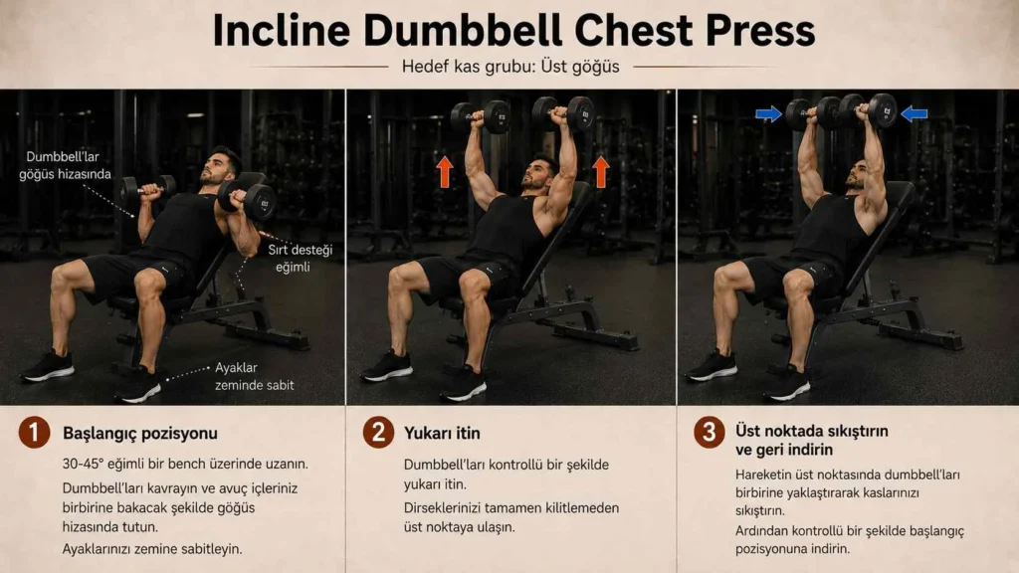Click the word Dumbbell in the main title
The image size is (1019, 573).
(463, 31)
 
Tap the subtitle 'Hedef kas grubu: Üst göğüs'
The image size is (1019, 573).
(510, 67)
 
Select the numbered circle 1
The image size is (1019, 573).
(35, 433)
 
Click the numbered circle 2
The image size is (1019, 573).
(378, 433)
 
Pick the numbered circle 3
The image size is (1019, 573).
(709, 433)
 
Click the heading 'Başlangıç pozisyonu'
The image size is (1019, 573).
(140, 434)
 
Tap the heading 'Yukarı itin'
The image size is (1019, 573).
(442, 434)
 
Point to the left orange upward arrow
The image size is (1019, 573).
(445, 171)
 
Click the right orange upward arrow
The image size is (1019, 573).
(601, 171)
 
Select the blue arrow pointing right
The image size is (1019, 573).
(768, 114)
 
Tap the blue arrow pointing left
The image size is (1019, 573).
(914, 114)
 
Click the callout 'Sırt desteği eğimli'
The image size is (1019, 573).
(300, 258)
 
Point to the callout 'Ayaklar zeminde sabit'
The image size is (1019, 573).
(254, 376)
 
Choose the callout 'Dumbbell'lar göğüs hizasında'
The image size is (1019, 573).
(65, 166)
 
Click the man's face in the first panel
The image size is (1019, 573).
(215, 167)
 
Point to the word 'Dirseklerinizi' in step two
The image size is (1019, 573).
(442, 508)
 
